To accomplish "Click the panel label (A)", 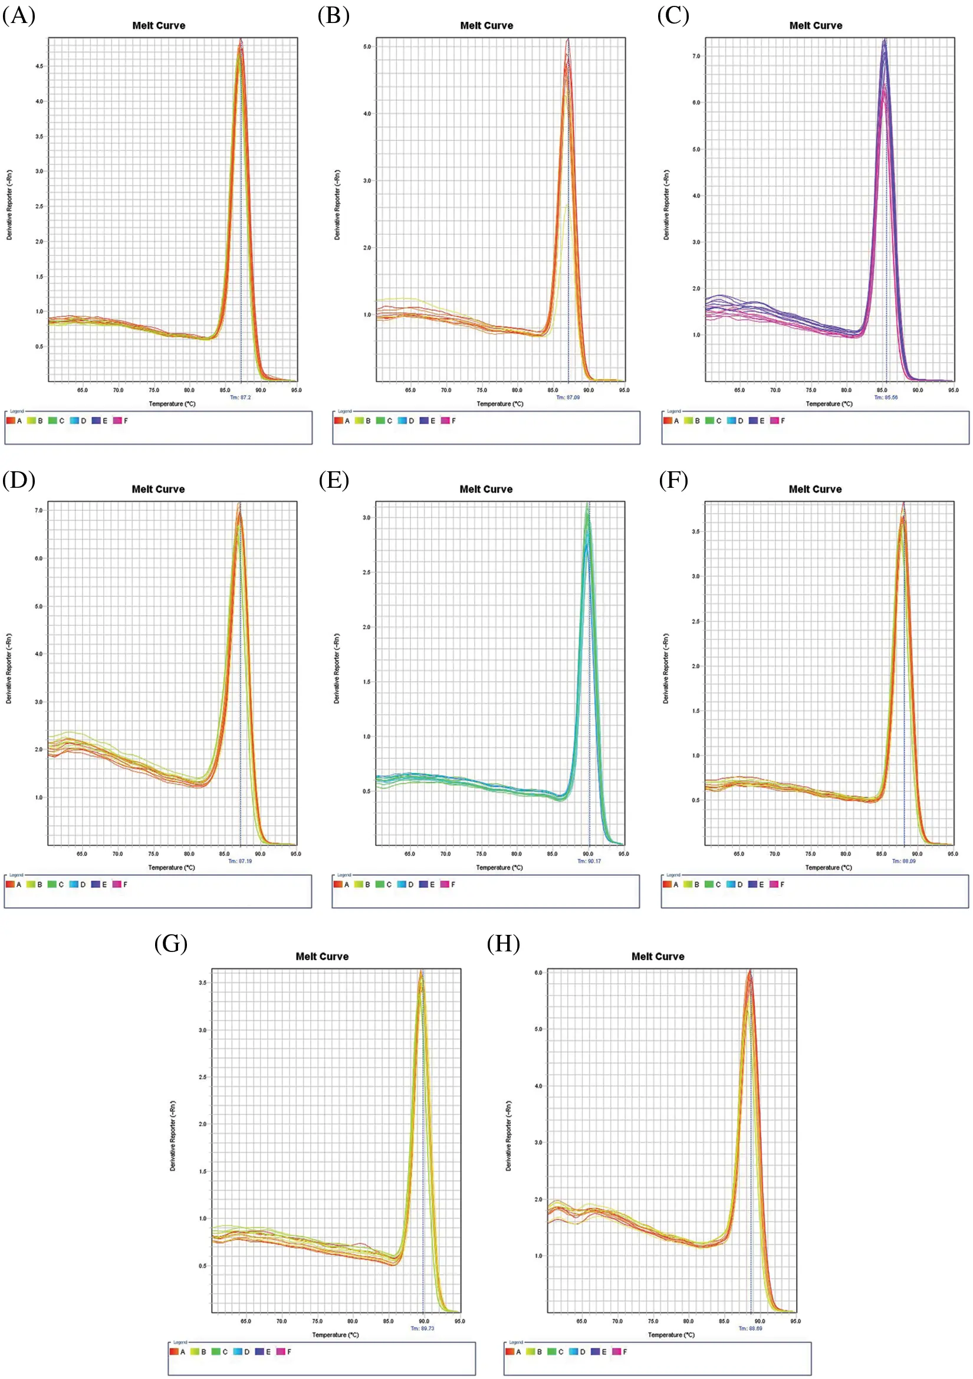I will coord(19,15).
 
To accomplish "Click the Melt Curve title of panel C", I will coord(815,25).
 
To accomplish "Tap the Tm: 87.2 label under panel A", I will coord(240,398).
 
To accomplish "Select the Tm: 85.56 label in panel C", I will coord(886,398).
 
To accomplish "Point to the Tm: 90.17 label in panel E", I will coord(589,861).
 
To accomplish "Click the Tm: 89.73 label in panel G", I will coord(422,1328).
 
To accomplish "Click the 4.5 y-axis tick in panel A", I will coord(39,66).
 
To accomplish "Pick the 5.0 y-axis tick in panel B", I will coord(367,47).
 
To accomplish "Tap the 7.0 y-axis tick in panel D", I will coord(39,511).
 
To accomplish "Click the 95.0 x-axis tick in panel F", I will coord(952,853).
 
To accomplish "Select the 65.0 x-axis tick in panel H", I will coord(581,1321).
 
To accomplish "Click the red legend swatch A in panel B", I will coord(338,421).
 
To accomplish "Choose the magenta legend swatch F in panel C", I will coord(775,421).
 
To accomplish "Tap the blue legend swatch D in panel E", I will coord(402,884).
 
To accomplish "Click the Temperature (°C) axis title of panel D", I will coord(171,867).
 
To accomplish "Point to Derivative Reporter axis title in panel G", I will coord(173,1135).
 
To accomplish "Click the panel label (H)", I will coord(504,944).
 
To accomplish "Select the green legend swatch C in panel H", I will coord(551,1351).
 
